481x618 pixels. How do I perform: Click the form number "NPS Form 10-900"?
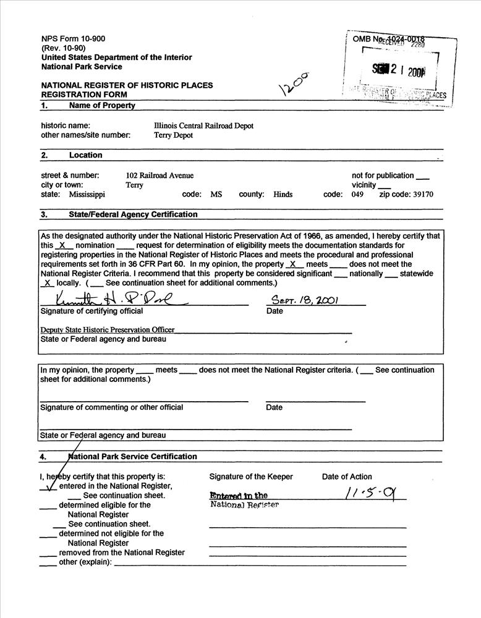coord(73,38)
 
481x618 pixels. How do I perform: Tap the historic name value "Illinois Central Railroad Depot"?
coord(203,125)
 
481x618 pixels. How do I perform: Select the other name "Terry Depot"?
coord(173,135)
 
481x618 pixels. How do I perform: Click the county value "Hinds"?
coord(283,194)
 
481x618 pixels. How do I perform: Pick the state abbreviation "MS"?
coord(216,194)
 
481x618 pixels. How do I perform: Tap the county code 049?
coord(357,194)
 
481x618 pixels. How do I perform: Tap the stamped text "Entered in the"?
coord(239,496)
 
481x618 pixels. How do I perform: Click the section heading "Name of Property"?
coord(102,106)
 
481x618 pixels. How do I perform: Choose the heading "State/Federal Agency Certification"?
coord(134,215)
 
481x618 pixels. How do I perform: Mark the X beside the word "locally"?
coord(47,283)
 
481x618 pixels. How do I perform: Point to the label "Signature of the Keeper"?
coord(251,476)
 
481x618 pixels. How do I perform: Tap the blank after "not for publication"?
coord(423,177)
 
